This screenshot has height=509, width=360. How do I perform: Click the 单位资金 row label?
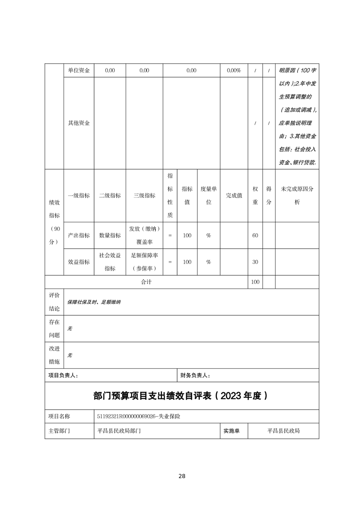point(79,71)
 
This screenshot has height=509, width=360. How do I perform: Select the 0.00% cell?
point(233,71)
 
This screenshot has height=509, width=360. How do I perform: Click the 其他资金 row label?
point(79,123)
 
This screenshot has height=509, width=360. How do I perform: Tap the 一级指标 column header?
point(79,196)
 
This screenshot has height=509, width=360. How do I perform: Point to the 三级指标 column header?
point(144,196)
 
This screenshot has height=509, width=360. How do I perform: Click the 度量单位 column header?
point(209,196)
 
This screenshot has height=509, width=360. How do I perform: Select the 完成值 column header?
point(234,196)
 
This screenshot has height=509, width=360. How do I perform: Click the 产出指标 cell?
point(79,235)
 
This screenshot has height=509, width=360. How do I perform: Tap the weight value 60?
point(255,235)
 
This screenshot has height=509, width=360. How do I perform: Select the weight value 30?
point(255,262)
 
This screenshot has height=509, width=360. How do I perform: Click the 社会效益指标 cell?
point(110,262)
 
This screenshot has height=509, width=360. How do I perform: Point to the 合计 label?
point(146,282)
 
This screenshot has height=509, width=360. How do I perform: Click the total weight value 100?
point(255,282)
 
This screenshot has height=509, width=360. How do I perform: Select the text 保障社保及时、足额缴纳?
point(94,302)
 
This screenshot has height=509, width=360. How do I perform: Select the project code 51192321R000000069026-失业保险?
point(138,416)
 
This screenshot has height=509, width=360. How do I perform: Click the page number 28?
point(182,476)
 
